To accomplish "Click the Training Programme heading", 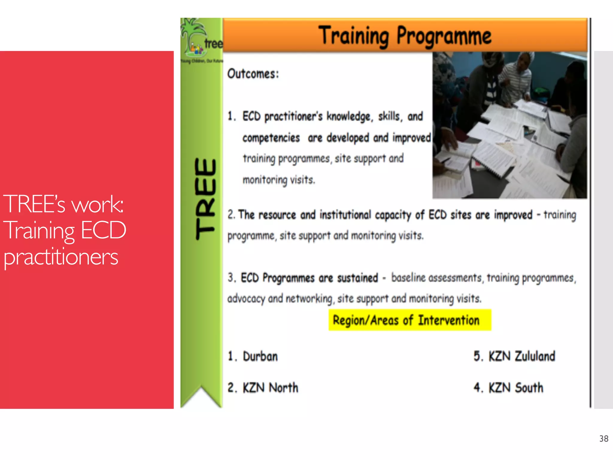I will pyautogui.click(x=405, y=36).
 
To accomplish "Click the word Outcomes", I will pyautogui.click(x=253, y=74).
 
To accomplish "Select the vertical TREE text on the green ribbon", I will pyautogui.click(x=205, y=199).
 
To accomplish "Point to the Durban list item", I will pyautogui.click(x=260, y=356).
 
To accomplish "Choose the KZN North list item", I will pyautogui.click(x=270, y=388).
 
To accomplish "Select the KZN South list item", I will pyautogui.click(x=515, y=388).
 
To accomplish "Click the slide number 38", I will pyautogui.click(x=603, y=439).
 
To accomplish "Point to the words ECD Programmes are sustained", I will pyautogui.click(x=309, y=278).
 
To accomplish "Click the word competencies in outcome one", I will pyautogui.click(x=271, y=138).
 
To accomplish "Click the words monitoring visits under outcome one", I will pyautogui.click(x=279, y=180).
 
